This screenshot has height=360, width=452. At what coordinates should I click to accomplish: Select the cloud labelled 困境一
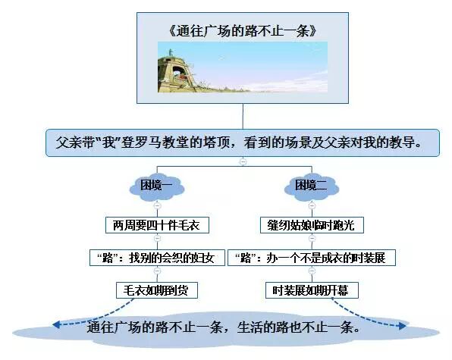[157, 186]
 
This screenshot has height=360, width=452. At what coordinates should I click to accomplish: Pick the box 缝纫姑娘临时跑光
[312, 226]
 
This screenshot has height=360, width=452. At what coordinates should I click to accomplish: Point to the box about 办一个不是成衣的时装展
[312, 258]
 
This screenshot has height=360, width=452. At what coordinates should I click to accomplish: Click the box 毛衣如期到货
[157, 290]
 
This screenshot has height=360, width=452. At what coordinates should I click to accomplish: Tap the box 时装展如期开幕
[312, 290]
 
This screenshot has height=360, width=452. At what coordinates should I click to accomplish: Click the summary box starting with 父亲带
[243, 142]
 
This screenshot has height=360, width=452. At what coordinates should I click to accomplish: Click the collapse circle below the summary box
[243, 161]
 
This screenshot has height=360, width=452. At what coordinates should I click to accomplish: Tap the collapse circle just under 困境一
[157, 205]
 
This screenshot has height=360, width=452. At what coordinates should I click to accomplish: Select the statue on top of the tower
[171, 52]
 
